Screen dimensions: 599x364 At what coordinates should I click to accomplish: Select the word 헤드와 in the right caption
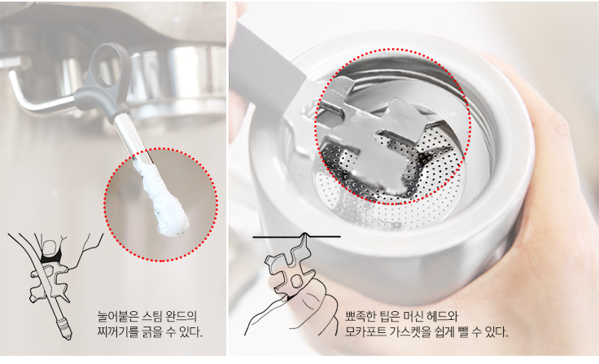click(x=443, y=317)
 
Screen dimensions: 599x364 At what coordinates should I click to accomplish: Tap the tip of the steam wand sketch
click(x=68, y=337)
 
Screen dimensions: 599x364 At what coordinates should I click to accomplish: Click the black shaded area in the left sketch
click(x=50, y=257)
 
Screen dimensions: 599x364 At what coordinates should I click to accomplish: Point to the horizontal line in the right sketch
click(x=296, y=237)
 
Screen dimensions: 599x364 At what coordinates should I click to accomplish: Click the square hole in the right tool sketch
click(x=295, y=283)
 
